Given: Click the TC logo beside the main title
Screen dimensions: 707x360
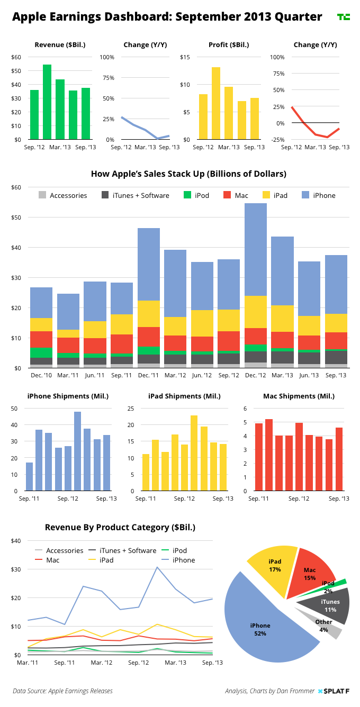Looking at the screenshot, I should click(344, 17).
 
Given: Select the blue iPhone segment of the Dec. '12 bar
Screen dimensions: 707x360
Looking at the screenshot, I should click(256, 249).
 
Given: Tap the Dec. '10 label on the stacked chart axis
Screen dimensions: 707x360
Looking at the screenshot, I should click(41, 375).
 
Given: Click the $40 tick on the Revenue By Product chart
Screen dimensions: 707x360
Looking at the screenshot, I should click(16, 541).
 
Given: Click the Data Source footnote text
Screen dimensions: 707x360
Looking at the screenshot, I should click(63, 691).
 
